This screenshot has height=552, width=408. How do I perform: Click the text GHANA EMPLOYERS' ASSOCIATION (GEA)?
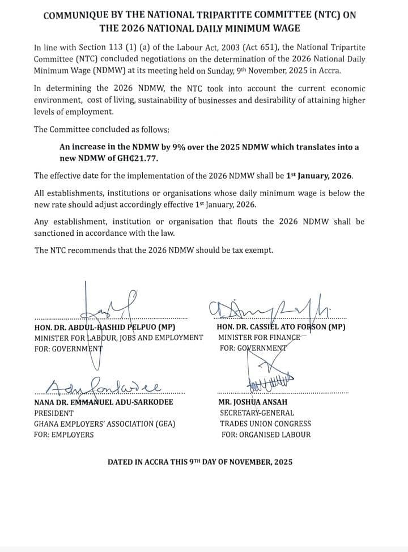tap(105, 423)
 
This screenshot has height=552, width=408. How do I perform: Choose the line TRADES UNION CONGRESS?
tap(265, 423)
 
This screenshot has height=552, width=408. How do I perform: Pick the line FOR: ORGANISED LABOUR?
tap(266, 435)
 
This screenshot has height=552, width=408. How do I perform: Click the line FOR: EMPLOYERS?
tap(64, 435)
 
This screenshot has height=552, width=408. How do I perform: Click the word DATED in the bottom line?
tap(120, 462)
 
